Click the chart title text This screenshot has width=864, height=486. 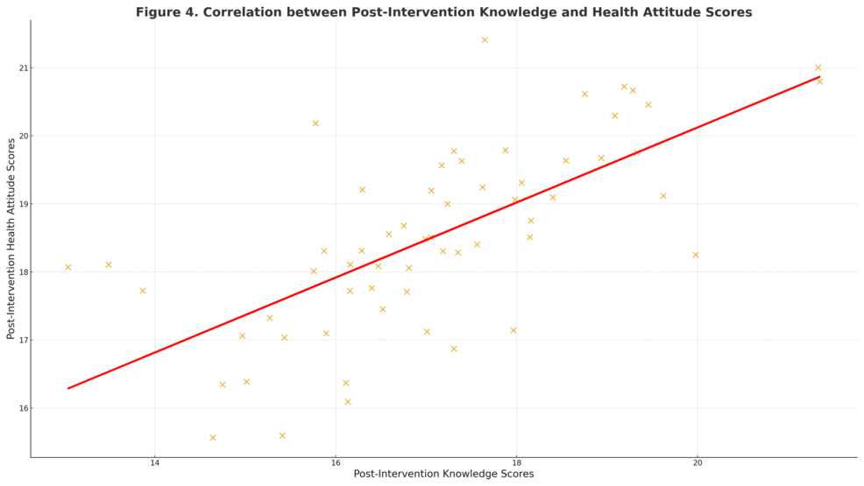[443, 12]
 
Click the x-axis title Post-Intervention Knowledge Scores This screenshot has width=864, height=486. [443, 474]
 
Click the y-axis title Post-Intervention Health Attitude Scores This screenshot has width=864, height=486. [11, 238]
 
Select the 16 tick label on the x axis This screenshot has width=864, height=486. [336, 463]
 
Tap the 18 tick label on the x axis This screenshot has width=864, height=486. [516, 463]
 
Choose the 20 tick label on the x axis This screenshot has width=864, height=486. [697, 463]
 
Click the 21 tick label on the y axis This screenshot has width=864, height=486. [21, 68]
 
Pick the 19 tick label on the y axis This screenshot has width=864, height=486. [21, 204]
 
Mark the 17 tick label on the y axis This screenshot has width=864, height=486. [21, 341]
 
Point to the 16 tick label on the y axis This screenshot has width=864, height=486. [21, 408]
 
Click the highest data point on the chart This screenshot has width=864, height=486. [485, 40]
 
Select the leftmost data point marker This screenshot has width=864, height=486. [68, 267]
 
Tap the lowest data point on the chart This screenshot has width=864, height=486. [213, 438]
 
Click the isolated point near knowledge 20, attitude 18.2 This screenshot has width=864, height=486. [696, 255]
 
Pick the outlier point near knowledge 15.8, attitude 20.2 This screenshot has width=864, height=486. [315, 123]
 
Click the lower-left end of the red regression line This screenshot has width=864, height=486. [69, 388]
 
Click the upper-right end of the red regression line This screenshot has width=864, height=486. [818, 76]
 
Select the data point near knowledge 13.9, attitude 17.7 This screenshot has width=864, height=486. [143, 291]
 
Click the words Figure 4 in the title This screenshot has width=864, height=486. [163, 12]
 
